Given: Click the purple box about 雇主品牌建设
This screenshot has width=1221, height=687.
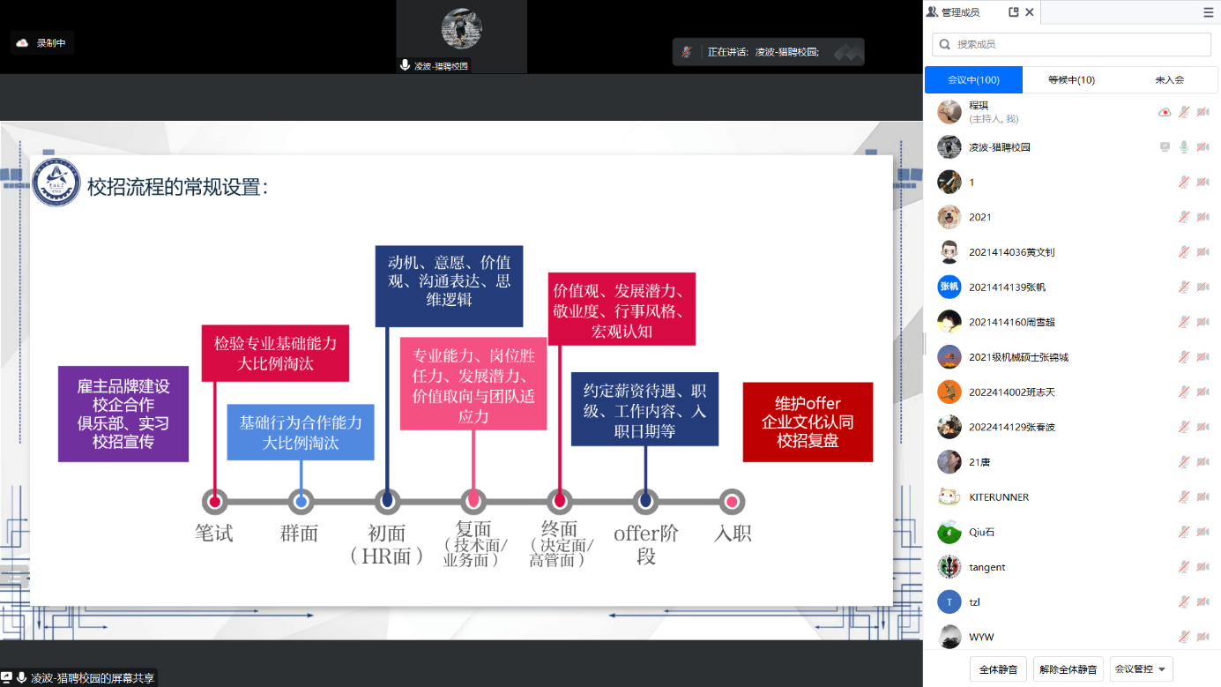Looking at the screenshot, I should click(x=123, y=414).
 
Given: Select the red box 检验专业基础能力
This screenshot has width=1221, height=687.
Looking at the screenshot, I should click(x=275, y=353).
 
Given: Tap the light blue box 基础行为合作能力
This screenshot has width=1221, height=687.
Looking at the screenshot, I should click(x=301, y=432).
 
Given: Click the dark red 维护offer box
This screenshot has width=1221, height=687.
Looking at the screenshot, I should click(x=808, y=422).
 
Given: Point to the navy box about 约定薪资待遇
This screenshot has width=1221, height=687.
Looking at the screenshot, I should click(x=644, y=410).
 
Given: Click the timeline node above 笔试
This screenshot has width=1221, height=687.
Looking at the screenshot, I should click(x=214, y=502).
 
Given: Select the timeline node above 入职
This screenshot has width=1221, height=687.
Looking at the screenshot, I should click(x=732, y=502).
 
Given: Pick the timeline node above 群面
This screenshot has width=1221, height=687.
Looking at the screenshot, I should click(x=302, y=502).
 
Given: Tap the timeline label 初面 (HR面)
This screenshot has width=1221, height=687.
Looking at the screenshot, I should click(x=386, y=544).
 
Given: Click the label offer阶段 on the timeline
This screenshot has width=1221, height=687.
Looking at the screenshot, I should click(x=646, y=543).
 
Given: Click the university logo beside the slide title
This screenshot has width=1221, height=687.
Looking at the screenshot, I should click(x=56, y=183).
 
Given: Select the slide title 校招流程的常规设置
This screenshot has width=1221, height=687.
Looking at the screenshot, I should click(x=177, y=187).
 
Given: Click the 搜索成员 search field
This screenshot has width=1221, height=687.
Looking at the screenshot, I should click(x=1072, y=44).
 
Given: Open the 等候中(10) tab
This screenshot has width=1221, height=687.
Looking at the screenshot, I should click(x=1071, y=79).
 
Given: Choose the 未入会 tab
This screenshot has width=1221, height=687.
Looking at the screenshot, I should click(x=1169, y=79).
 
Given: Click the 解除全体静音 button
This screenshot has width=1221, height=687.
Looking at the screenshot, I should click(x=1068, y=669).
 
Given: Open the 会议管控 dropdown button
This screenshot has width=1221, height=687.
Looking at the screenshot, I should click(x=1141, y=669).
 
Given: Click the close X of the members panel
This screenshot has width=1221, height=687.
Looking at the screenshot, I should click(x=1030, y=12).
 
